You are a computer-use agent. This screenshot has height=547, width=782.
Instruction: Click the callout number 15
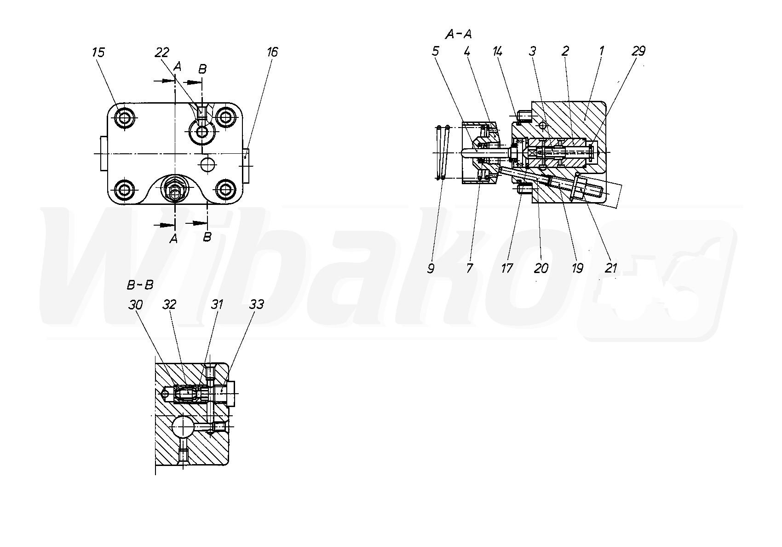coord(98,52)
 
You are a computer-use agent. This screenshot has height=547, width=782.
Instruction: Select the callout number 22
coord(162,52)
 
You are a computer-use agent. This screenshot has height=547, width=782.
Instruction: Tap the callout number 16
coord(272,52)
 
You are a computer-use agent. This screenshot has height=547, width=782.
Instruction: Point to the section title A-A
coord(459,34)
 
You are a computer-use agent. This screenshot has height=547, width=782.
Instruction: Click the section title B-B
coord(140,285)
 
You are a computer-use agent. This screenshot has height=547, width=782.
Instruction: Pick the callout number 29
coord(638,52)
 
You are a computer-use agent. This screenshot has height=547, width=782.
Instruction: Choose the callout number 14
coord(497,52)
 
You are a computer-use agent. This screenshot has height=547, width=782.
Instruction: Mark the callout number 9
coord(431,268)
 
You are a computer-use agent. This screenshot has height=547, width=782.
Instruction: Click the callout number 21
coord(611,268)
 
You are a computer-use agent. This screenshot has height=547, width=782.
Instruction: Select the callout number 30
coord(135,305)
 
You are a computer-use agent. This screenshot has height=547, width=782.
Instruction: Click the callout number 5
coord(435,52)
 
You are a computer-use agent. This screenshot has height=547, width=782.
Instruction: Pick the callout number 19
coord(577,268)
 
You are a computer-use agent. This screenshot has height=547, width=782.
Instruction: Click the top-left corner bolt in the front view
coord(124,118)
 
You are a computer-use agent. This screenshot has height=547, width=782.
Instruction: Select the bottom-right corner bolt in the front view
coord(225,189)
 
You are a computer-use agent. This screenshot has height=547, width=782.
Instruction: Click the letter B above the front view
coord(202,69)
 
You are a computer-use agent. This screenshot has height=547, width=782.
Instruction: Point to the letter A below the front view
coord(173,239)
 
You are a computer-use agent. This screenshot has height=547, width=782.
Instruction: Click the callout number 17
coord(507,268)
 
